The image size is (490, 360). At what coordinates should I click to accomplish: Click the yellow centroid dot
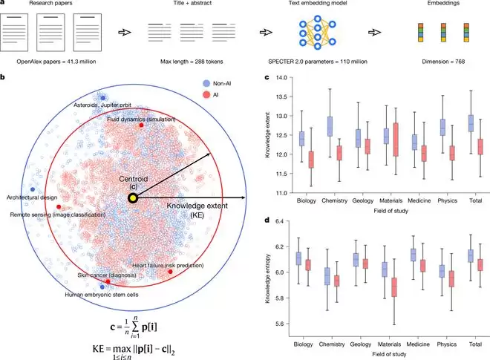[133, 199]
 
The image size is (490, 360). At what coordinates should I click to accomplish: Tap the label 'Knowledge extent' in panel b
[186, 203]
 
